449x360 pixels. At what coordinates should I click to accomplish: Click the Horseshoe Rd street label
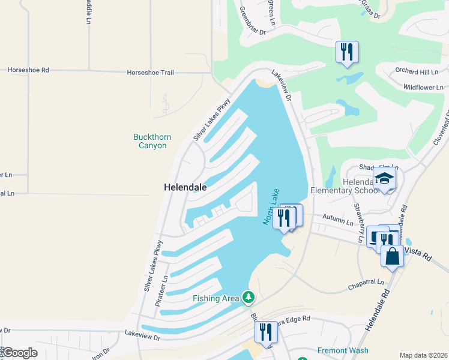pyautogui.click(x=28, y=70)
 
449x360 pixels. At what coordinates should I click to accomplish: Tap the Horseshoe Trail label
pyautogui.click(x=150, y=73)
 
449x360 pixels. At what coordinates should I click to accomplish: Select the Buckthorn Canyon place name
pyautogui.click(x=152, y=141)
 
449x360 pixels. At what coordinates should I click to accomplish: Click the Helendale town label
pyautogui.click(x=185, y=187)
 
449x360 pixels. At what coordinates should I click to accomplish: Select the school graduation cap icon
pyautogui.click(x=384, y=178)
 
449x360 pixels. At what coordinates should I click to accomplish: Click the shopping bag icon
pyautogui.click(x=392, y=256)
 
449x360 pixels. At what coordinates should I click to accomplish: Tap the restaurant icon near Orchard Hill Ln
pyautogui.click(x=347, y=52)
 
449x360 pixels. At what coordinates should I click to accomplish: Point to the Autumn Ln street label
pyautogui.click(x=337, y=221)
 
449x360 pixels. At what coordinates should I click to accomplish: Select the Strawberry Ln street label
pyautogui.click(x=360, y=224)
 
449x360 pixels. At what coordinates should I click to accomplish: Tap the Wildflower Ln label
pyautogui.click(x=424, y=87)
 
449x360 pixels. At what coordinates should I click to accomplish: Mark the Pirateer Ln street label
pyautogui.click(x=159, y=292)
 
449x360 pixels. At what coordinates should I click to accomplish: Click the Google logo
pyautogui.click(x=19, y=353)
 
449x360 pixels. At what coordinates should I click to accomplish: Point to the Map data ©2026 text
pyautogui.click(x=423, y=355)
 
